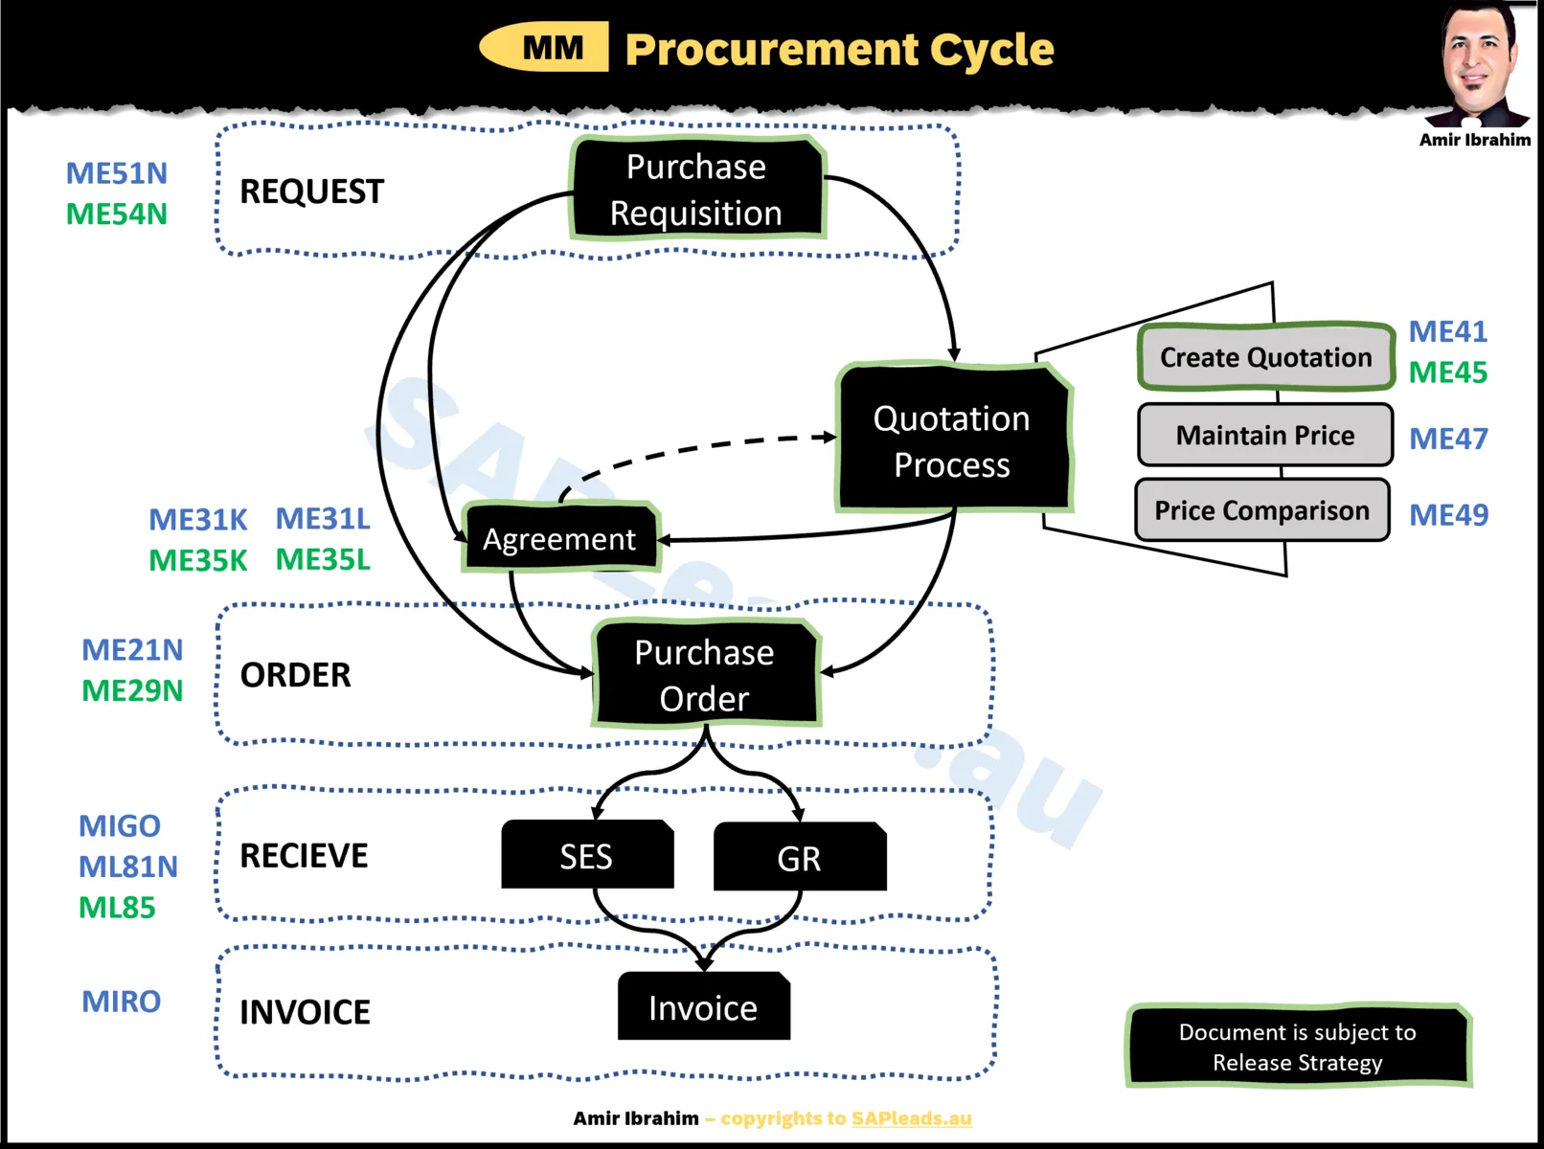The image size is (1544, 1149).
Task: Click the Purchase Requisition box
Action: click(697, 190)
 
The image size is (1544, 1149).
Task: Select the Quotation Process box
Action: click(953, 440)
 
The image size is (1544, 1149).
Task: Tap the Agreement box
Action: click(560, 539)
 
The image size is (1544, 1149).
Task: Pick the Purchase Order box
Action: click(705, 675)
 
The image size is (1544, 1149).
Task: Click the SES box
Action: click(586, 856)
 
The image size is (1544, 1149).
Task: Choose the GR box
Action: click(799, 858)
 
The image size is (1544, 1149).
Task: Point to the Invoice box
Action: click(703, 1007)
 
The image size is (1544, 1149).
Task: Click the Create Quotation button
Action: click(1265, 357)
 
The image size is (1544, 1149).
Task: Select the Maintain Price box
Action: click(1265, 436)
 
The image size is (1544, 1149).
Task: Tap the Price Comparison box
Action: click(1261, 510)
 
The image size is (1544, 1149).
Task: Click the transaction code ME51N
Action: click(116, 173)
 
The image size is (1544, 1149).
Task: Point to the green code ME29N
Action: click(132, 690)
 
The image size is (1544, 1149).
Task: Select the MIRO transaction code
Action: click(121, 1002)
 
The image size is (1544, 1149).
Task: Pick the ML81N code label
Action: click(128, 867)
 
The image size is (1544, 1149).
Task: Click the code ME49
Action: click(1448, 515)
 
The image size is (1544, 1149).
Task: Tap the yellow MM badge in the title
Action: click(546, 48)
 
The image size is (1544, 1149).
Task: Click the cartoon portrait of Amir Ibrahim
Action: click(1478, 65)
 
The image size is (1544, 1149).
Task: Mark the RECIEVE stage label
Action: click(304, 855)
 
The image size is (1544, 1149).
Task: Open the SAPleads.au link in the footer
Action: click(911, 1118)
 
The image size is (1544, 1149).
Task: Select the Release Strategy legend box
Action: click(1298, 1047)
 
